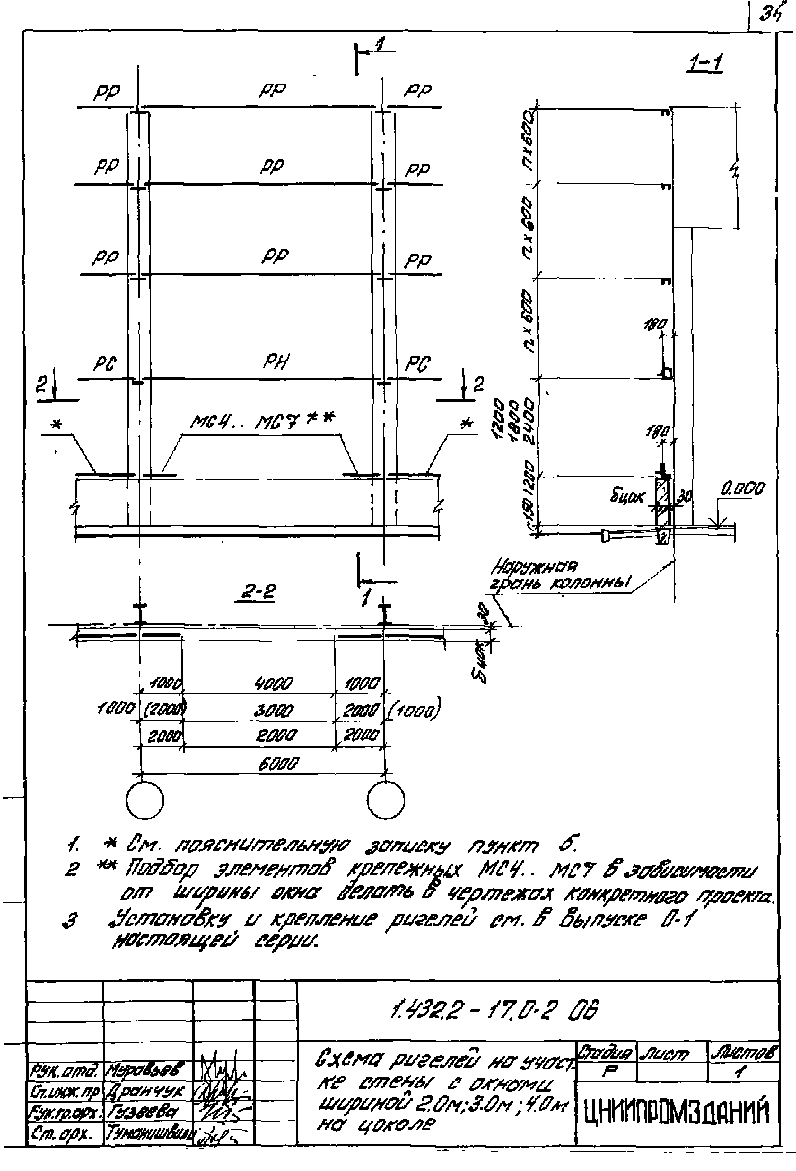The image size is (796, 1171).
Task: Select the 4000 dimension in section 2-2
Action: tap(275, 684)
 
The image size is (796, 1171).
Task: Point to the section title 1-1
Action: tap(705, 64)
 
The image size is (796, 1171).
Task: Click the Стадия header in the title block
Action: tap(606, 1053)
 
